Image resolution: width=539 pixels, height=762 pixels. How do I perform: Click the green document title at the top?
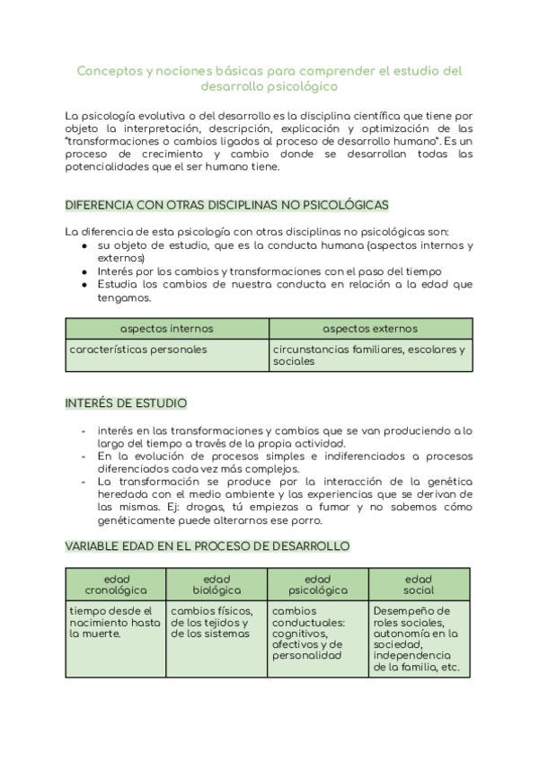[269, 78]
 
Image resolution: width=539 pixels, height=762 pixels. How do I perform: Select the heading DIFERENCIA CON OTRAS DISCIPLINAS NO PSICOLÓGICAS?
[226, 206]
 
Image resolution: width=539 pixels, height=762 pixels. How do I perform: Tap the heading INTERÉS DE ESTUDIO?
[126, 403]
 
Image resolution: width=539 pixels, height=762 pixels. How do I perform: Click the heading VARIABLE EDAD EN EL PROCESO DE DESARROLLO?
[208, 545]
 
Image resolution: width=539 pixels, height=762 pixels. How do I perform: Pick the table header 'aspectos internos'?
[167, 329]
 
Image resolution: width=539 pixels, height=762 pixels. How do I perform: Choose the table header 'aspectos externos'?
[370, 329]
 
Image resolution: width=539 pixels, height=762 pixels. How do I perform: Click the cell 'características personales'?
[138, 349]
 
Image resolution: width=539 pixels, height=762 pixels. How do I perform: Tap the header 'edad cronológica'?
[116, 584]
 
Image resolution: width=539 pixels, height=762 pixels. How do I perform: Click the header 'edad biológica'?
[216, 584]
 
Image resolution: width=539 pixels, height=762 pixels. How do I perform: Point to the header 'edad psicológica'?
[317, 584]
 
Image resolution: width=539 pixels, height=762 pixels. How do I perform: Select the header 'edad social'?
[419, 584]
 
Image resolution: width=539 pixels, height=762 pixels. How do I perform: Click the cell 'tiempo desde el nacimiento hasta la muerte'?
[115, 622]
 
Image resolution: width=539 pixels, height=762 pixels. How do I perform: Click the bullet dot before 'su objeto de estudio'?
[84, 245]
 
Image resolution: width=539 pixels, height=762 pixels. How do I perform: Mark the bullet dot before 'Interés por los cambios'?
[84, 271]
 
